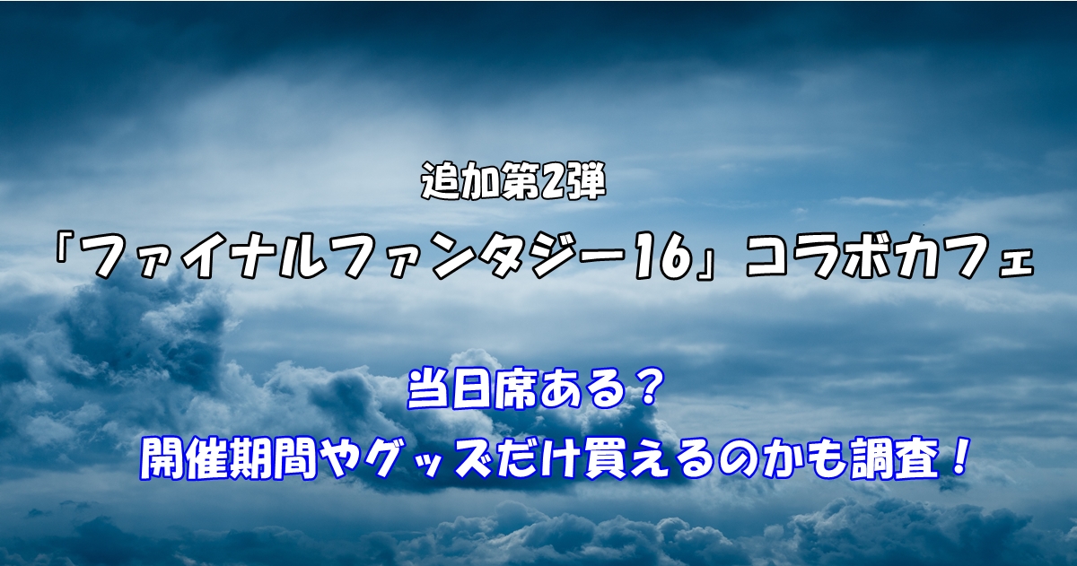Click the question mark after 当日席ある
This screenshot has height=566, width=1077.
(645, 387)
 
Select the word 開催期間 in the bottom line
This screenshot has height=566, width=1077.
(228, 459)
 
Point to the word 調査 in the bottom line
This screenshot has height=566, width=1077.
(895, 459)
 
